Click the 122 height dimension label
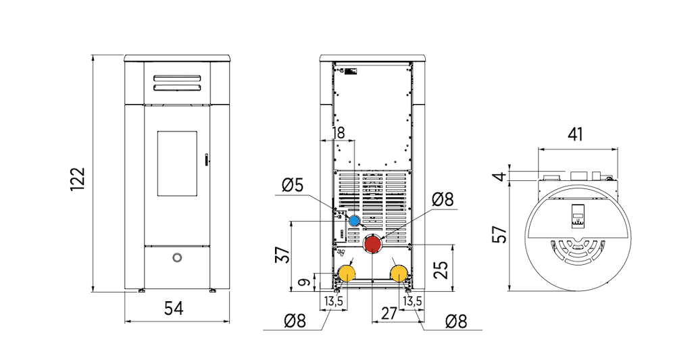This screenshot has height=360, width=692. pyautogui.click(x=77, y=179)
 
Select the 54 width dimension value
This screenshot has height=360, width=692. pyautogui.click(x=174, y=309)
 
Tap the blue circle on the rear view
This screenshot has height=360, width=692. pyautogui.click(x=354, y=221)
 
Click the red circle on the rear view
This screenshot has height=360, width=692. pyautogui.click(x=372, y=244)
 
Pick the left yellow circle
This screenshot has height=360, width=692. pyautogui.click(x=347, y=274)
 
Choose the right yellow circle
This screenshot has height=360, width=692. pyautogui.click(x=399, y=274)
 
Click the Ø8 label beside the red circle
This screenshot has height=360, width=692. pyautogui.click(x=443, y=199)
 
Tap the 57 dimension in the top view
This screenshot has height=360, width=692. pyautogui.click(x=500, y=234)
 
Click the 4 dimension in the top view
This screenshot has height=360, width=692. pyautogui.click(x=499, y=176)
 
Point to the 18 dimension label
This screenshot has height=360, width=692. pyautogui.click(x=338, y=133)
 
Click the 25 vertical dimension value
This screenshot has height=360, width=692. pyautogui.click(x=441, y=270)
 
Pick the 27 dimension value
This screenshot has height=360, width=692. pyautogui.click(x=389, y=313)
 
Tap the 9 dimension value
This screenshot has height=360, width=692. pyautogui.click(x=305, y=282)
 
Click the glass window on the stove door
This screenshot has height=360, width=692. pyautogui.click(x=177, y=163)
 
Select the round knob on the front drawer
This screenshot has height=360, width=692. pyautogui.click(x=176, y=257)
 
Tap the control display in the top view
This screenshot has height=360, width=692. pyautogui.click(x=578, y=215)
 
